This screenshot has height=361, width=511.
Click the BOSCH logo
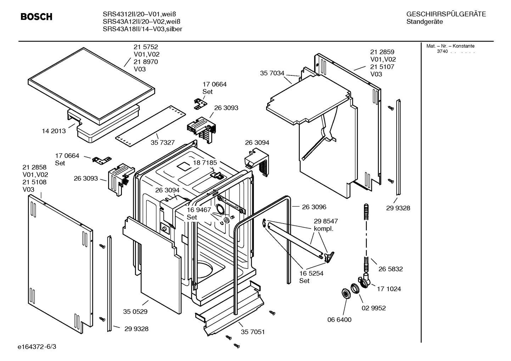click(36, 17)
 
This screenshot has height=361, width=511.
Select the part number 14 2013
click(54, 131)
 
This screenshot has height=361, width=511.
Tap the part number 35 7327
click(163, 142)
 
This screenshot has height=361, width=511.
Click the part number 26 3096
click(314, 207)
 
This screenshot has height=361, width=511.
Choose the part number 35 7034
click(272, 73)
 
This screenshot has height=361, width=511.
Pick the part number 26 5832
click(391, 269)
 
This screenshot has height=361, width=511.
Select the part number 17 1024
click(389, 289)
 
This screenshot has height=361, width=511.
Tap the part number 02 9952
click(374, 308)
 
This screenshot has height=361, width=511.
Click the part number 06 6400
click(339, 320)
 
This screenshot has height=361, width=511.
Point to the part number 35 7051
click(253, 332)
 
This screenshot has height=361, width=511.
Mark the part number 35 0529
click(135, 312)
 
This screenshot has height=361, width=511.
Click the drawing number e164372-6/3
click(37, 346)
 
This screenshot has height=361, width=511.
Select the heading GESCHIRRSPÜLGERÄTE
click(446, 14)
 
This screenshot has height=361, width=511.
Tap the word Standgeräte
click(425, 22)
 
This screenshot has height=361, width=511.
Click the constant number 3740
click(442, 51)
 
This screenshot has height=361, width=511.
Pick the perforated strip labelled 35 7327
click(150, 126)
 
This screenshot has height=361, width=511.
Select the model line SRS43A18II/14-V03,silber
click(142, 29)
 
